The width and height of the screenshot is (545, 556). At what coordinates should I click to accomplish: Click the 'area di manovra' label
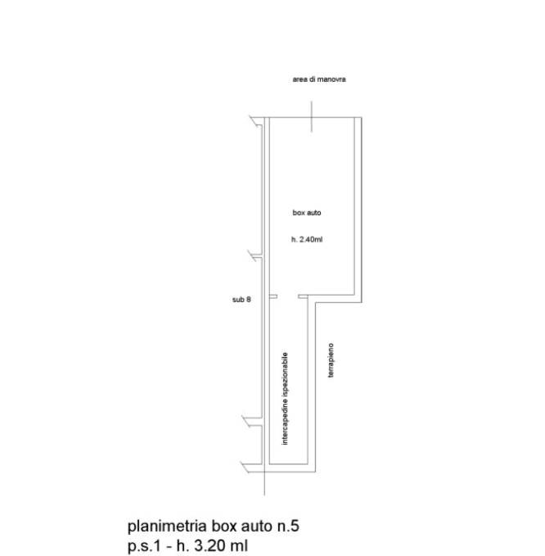(319, 79)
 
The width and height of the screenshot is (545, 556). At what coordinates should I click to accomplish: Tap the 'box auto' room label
(307, 213)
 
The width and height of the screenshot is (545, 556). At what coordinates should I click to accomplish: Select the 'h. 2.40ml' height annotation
(307, 239)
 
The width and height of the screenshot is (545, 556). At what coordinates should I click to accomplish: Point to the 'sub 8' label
(241, 300)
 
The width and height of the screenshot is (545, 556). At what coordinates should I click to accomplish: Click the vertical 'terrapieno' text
(331, 360)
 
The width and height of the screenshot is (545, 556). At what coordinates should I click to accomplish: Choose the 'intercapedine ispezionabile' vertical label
(285, 399)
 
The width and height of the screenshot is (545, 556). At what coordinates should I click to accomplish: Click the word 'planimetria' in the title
(167, 527)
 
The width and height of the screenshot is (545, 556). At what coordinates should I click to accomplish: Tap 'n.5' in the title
(288, 527)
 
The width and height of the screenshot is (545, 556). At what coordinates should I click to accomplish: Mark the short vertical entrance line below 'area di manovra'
(312, 116)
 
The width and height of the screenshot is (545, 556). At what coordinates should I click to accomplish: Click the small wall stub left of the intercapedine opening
(273, 296)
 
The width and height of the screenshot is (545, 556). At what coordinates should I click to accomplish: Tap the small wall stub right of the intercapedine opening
(303, 296)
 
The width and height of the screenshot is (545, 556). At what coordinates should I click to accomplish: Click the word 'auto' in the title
(257, 527)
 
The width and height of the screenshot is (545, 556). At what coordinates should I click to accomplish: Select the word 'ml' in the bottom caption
(239, 545)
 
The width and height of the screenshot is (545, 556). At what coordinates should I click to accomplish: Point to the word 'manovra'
(332, 79)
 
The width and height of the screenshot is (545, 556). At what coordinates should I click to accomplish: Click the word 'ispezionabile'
(285, 373)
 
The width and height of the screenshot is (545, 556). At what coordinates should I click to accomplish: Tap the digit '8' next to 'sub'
(249, 300)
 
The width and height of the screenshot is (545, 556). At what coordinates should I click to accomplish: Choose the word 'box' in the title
(224, 527)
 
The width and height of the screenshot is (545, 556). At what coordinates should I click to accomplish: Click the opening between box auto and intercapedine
(288, 296)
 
